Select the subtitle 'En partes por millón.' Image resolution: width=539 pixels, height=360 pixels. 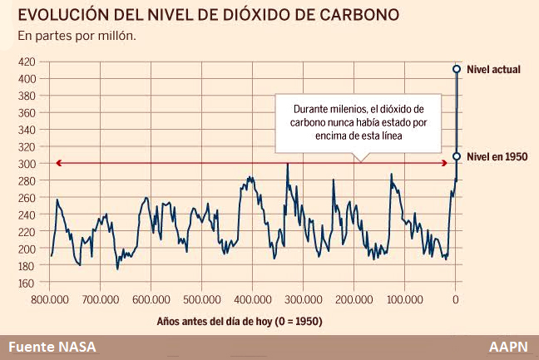[77, 37]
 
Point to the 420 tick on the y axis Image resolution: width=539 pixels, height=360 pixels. [27, 62]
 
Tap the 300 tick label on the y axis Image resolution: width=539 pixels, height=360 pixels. [27, 164]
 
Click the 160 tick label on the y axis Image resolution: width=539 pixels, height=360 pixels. [27, 283]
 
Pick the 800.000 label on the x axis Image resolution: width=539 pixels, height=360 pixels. [50, 298]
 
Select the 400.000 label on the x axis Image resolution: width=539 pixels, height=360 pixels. [252, 298]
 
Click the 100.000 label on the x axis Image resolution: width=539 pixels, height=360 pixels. [404, 298]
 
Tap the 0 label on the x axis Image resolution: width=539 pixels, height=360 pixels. [455, 298]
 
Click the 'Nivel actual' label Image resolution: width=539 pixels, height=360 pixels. [493, 70]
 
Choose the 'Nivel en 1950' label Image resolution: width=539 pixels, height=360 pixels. [497, 156]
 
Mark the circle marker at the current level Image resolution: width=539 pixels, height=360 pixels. [457, 69]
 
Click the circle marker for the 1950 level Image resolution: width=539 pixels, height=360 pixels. [457, 156]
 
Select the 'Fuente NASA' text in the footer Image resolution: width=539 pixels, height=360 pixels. [52, 348]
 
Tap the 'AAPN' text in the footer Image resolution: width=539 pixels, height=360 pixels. [509, 348]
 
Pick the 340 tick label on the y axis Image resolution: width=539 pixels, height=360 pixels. [27, 130]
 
